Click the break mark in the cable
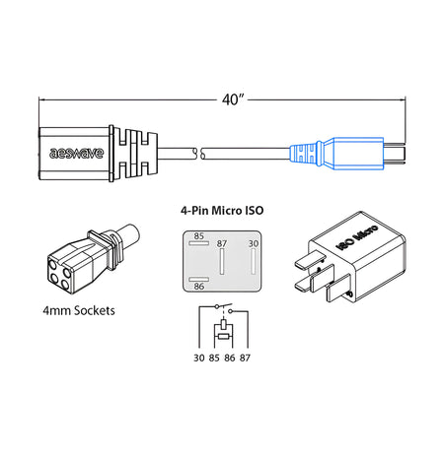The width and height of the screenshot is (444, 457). [200, 154]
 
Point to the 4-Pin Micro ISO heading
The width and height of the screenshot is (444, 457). [222, 211]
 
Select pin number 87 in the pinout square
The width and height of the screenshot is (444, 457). [223, 243]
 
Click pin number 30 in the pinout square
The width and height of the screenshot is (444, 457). [253, 243]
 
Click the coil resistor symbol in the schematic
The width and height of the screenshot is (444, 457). [222, 328]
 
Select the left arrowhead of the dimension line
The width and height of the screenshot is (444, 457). [42, 98]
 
